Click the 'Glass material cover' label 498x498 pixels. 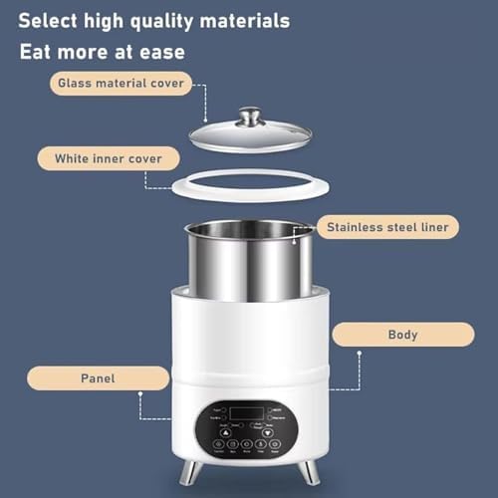121,84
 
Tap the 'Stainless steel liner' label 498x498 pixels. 387,227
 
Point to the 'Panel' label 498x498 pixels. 98,377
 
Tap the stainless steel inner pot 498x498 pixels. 249,262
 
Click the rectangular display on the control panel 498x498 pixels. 246,412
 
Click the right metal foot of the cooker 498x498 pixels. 310,471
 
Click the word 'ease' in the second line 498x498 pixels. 161,51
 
